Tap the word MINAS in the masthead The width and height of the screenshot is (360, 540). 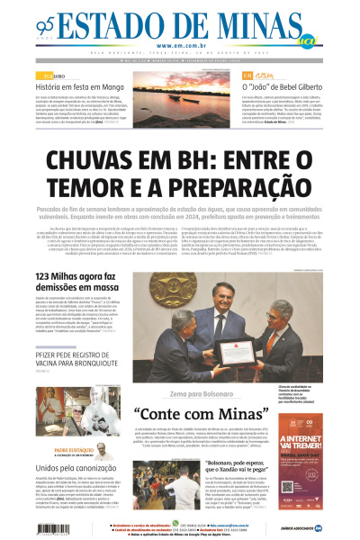[x=243, y=24]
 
